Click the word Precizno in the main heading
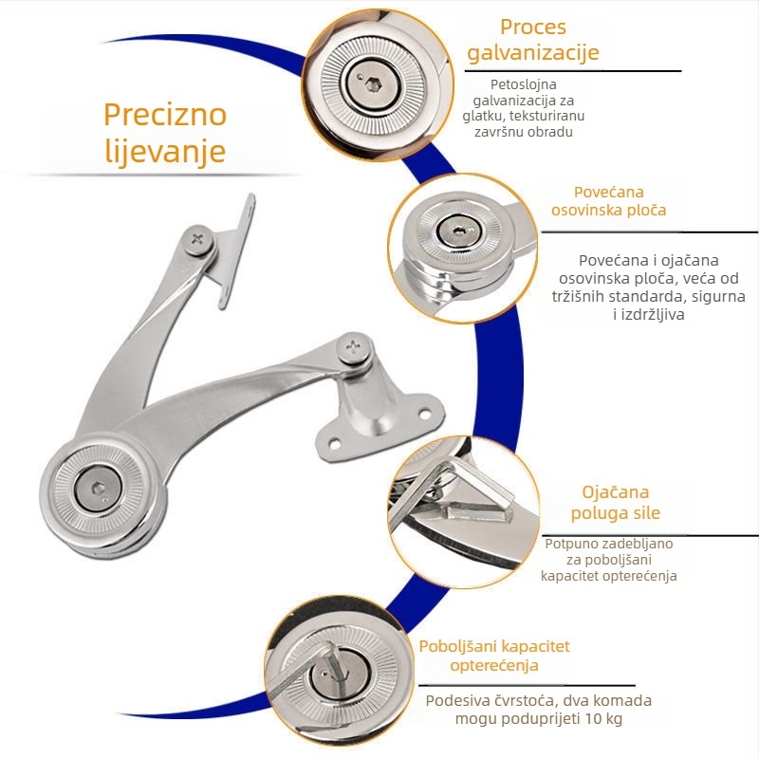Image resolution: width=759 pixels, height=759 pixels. click(x=165, y=115)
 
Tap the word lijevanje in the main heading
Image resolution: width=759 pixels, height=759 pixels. click(x=165, y=152)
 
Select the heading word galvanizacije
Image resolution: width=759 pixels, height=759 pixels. click(x=533, y=52)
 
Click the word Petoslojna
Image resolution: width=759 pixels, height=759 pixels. click(x=524, y=84)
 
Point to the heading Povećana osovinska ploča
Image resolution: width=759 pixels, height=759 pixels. click(x=608, y=201)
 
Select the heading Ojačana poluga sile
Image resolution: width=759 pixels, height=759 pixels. click(x=615, y=503)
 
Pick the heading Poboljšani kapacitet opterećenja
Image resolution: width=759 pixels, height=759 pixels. click(x=494, y=656)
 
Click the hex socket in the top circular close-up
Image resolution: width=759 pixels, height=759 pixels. click(x=373, y=85)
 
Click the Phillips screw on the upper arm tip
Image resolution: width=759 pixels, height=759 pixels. click(x=198, y=240)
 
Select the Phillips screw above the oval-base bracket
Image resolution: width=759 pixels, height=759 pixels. click(x=354, y=347)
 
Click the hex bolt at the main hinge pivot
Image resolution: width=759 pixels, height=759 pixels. click(x=99, y=488)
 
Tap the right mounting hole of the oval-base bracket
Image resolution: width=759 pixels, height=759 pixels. click(x=425, y=415)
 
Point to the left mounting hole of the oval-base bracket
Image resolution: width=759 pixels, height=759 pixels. click(x=335, y=443)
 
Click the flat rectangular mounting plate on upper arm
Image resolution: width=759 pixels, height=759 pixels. click(x=233, y=251)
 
